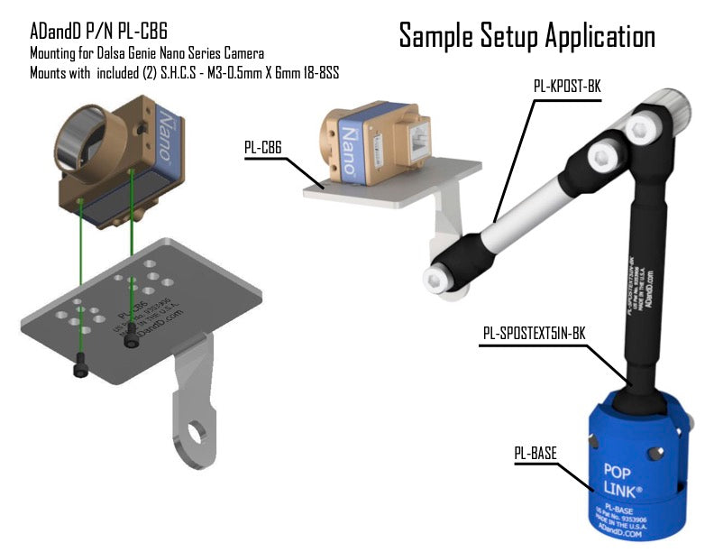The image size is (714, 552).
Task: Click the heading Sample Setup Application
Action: [526, 36]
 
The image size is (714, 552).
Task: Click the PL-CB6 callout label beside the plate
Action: [264, 145]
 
